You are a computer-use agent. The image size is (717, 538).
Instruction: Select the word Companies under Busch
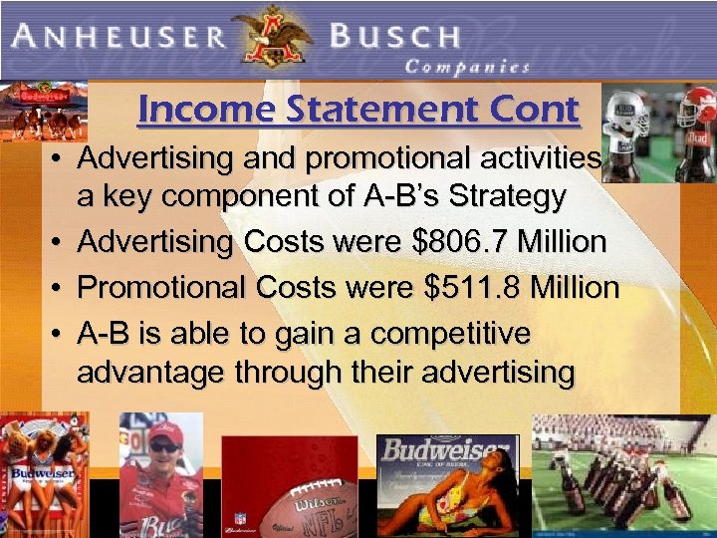click(x=467, y=68)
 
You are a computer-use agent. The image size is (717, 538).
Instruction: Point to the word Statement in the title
click(x=363, y=109)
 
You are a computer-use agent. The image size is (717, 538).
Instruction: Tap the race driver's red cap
click(x=164, y=430)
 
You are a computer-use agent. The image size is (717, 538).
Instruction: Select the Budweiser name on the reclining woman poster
click(x=444, y=450)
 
